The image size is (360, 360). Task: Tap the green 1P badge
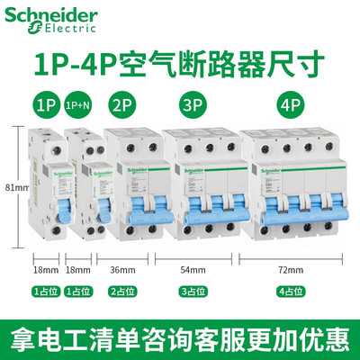(x=44, y=104)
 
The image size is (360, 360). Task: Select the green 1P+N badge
(x=77, y=104)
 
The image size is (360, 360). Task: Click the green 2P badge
(x=123, y=104)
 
